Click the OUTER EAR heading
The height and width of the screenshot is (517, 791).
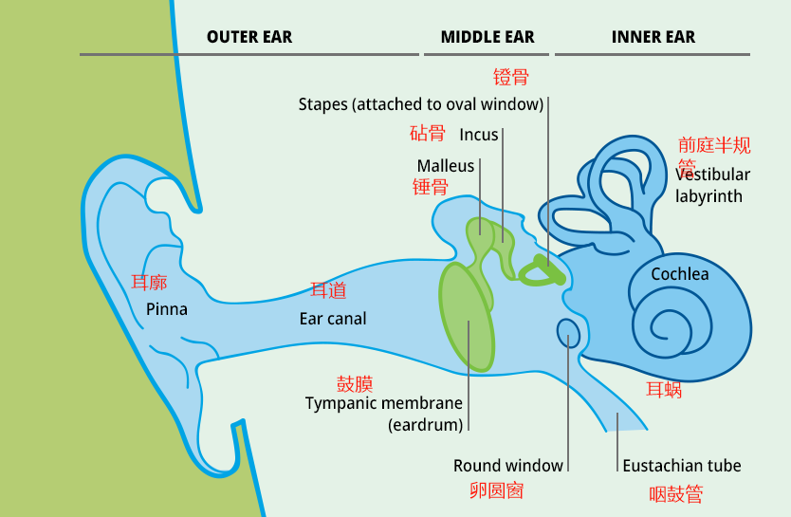coord(249,38)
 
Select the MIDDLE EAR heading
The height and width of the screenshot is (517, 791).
coord(487,38)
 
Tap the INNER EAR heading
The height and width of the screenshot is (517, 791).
coord(653,38)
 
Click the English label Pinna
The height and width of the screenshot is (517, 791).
coord(167,309)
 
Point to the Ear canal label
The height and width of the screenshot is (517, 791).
coord(333,319)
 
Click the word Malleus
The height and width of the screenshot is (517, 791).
coord(446,166)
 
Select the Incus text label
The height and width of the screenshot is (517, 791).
coord(479,135)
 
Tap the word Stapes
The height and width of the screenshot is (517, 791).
coord(322,103)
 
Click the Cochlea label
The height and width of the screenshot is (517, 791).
coord(680,274)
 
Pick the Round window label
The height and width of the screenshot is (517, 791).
coord(508,466)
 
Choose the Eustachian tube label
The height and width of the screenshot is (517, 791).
coord(682,466)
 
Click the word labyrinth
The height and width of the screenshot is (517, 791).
coord(709,196)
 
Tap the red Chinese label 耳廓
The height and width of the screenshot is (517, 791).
coord(149,283)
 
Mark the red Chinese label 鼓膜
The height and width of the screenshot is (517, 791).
coord(355,383)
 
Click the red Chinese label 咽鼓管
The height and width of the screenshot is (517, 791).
coord(676,494)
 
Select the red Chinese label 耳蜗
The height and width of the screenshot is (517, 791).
coord(664,389)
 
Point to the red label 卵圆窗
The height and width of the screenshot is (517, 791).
coord(497,490)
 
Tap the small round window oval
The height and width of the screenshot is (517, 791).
coord(568,333)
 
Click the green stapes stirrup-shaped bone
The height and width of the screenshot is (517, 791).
coord(543,272)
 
